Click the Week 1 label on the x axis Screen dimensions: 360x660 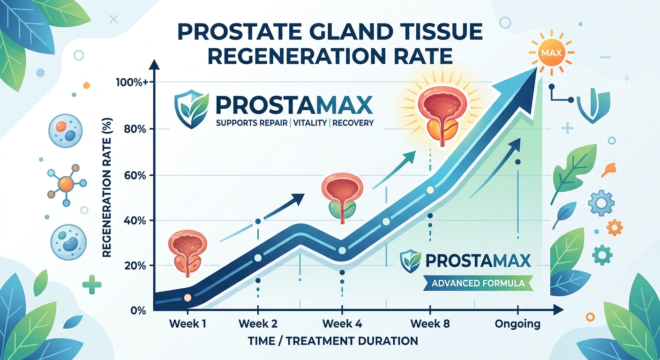[x=187, y=323]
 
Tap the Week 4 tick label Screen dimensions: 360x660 [x=342, y=323]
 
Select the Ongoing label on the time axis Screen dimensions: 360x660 [x=517, y=323]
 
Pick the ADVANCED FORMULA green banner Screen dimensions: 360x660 [x=478, y=284]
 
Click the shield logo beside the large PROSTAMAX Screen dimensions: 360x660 [x=189, y=108]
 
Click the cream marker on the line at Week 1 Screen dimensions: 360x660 [x=187, y=298]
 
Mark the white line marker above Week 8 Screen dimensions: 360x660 [x=430, y=190]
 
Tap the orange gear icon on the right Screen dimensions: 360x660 [x=614, y=228]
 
